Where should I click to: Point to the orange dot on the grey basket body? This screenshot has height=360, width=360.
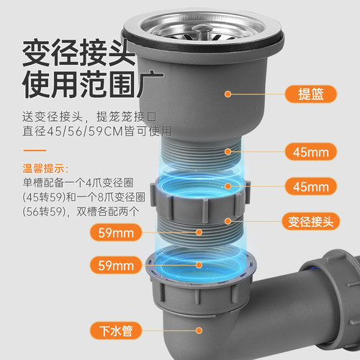[228, 93]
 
